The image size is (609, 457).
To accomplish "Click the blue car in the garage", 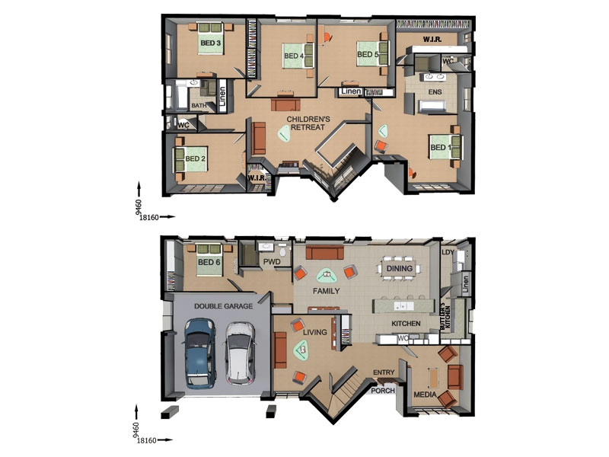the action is point(199,353).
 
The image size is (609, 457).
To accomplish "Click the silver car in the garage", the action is point(240,353).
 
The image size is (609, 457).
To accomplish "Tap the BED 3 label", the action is point(211,43).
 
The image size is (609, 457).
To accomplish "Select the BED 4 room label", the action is point(294,56).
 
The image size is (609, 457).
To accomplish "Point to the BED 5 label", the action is point(368,54).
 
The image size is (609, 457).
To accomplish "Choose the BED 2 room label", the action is point(195,158).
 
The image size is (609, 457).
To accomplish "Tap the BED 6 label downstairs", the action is point(209,262).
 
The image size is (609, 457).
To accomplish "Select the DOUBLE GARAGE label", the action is point(223,306).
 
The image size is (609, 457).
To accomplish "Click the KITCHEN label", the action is point(406,323).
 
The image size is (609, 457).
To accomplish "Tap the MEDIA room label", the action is point(425,395).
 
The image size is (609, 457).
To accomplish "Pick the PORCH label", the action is point(383,391).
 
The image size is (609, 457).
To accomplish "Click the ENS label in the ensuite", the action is point(435,92).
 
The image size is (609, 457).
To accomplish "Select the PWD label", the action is point(272,262).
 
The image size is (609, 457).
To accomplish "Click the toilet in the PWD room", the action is point(282,251).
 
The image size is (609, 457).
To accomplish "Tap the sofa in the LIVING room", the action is point(279,350).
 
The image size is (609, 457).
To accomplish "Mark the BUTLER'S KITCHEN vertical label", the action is point(445,316).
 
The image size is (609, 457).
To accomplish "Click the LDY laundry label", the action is point(448,252).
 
